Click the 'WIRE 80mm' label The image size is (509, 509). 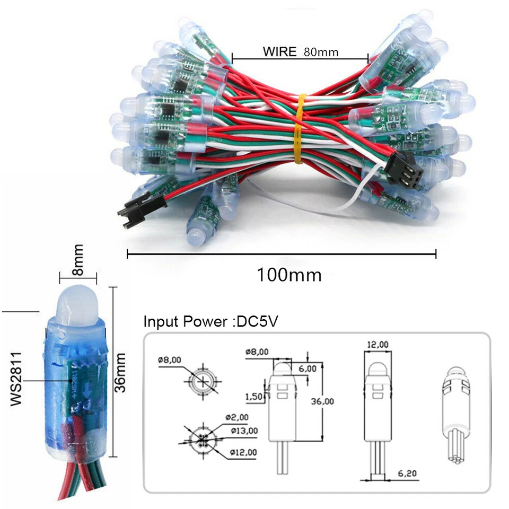pos(300,52)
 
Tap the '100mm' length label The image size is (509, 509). pos(289,275)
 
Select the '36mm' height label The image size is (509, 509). pos(121,372)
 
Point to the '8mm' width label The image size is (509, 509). pos(78,260)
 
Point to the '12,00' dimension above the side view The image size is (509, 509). pos(377,345)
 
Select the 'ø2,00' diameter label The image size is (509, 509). pos(236,417)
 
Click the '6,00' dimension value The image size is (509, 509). pos(307,368)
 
